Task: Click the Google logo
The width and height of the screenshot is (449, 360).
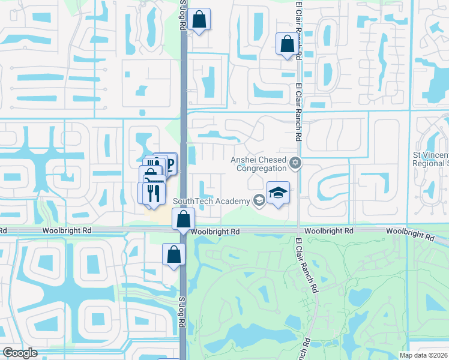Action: point(20,353)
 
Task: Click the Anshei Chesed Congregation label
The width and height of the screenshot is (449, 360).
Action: point(259,164)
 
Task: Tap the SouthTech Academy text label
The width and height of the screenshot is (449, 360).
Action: point(211,201)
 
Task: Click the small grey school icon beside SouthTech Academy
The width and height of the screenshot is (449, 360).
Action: point(259,200)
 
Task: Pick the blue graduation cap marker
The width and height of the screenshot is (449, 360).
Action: point(278,193)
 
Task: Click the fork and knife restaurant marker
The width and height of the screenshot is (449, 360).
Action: point(152,193)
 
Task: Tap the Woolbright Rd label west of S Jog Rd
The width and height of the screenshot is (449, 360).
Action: point(66,230)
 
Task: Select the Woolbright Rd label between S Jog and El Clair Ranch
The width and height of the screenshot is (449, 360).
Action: point(214,231)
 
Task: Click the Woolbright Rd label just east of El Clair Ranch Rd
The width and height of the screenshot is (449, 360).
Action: point(328,230)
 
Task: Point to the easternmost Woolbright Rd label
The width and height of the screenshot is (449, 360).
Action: point(410,234)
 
